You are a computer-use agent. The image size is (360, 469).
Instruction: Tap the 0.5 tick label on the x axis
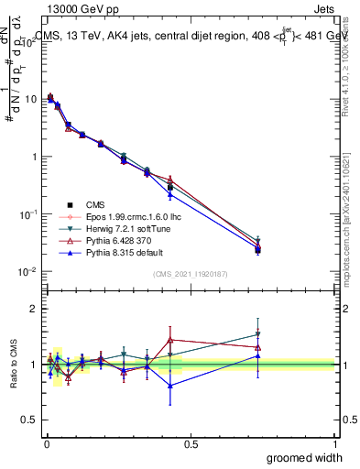point(191,443)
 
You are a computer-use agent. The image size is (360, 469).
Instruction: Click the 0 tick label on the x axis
point(47,443)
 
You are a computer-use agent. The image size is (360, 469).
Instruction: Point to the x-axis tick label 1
point(334,443)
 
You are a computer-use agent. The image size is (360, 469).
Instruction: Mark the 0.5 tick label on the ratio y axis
point(30,420)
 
